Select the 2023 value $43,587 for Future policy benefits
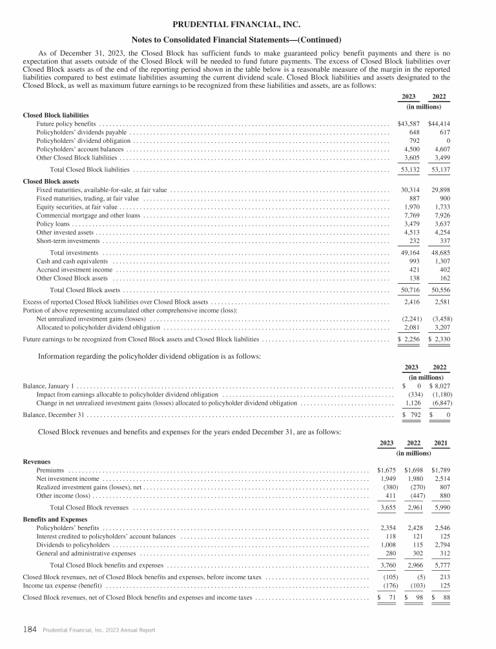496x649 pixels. pos(408,123)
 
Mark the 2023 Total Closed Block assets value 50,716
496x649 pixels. pos(409,290)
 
